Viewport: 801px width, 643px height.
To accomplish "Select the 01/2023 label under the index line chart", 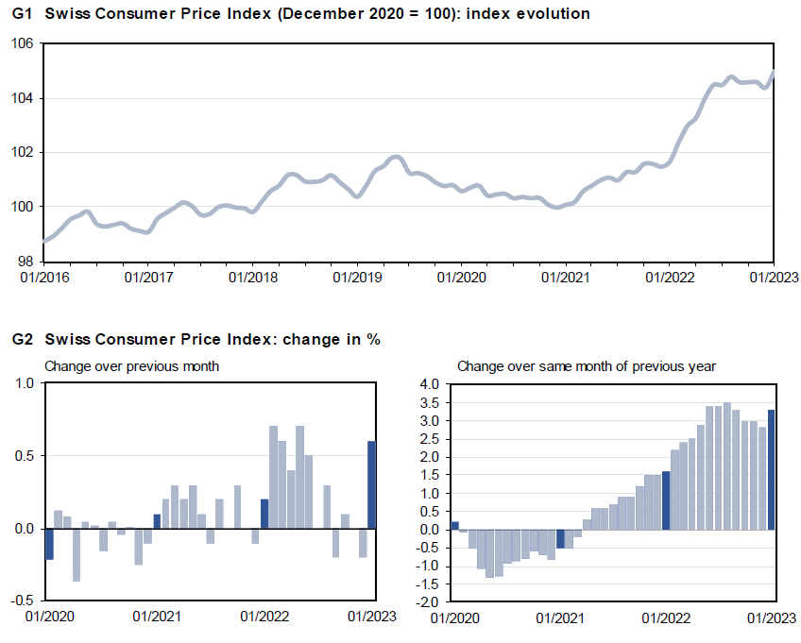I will click(773, 279).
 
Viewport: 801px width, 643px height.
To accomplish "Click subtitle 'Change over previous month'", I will click(132, 365).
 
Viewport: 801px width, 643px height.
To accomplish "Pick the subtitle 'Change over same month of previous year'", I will click(586, 365).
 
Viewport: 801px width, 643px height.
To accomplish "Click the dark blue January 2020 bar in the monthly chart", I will click(50, 544).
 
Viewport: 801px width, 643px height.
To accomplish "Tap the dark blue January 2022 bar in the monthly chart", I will click(264, 514).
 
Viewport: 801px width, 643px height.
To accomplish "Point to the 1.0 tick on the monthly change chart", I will click(24, 383).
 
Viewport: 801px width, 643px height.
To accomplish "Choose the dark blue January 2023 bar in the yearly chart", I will click(772, 469).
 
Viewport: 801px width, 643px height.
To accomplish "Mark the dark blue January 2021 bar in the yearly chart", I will click(560, 538).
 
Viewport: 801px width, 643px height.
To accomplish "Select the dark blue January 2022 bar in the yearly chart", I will click(666, 500).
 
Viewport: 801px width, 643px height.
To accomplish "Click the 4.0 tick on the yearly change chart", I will click(431, 384).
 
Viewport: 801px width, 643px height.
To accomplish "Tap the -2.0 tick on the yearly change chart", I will click(429, 601).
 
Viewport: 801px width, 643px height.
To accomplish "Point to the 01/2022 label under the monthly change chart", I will click(264, 618).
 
